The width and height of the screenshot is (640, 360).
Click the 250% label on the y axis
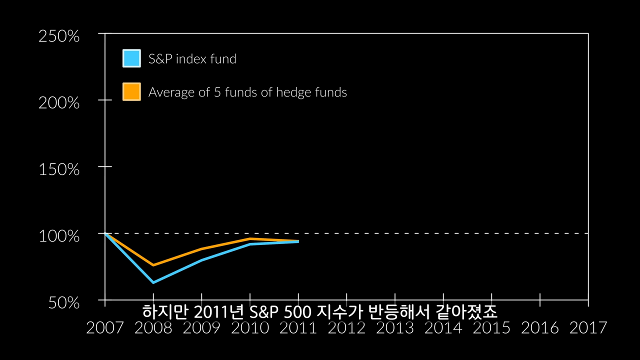tap(59, 36)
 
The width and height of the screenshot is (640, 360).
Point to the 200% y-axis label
tap(59, 103)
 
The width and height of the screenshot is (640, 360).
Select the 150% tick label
tap(59, 169)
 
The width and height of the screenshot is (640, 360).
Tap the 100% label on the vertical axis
tap(59, 236)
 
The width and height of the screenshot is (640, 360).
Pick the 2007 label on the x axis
tap(104, 328)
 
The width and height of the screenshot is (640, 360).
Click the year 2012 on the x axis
tap(346, 328)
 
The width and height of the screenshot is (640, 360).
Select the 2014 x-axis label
tap(443, 328)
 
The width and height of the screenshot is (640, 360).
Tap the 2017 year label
tap(588, 328)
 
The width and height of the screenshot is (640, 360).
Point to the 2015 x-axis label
tap(491, 328)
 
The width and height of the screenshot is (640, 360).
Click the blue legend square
tap(131, 58)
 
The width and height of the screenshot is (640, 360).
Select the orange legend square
tap(131, 91)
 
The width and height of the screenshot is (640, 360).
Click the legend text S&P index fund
tap(192, 59)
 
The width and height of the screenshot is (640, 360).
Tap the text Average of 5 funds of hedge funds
tap(247, 92)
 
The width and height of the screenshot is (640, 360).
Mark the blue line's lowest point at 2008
tap(153, 282)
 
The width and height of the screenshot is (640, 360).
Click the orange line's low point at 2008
tap(153, 265)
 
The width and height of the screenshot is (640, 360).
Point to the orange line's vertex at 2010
tap(249, 238)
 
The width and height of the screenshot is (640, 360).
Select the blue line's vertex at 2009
tap(201, 260)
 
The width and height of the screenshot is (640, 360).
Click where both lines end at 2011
tap(298, 241)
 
